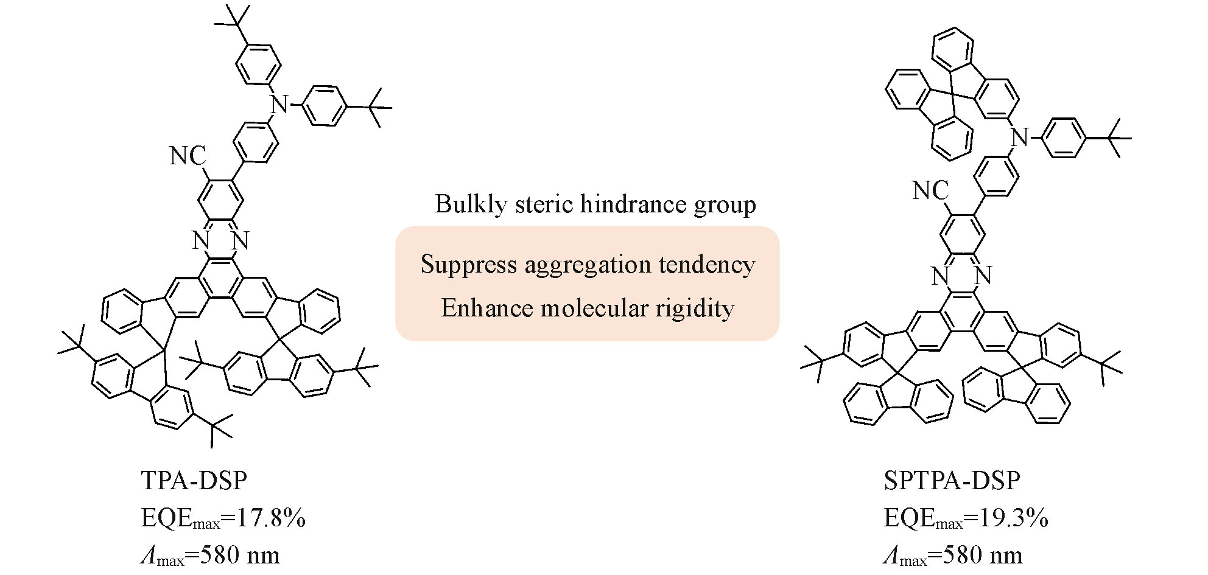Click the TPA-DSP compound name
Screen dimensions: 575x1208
point(194,481)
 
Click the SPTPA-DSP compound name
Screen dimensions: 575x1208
point(952,481)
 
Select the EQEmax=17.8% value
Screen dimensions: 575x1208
point(223,518)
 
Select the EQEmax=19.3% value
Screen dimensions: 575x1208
point(966,518)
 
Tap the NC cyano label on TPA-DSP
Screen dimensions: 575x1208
point(188,156)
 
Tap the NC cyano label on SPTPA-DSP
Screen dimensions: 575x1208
point(930,191)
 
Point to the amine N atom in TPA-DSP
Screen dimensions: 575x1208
point(279,104)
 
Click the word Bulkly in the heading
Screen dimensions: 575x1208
point(470,204)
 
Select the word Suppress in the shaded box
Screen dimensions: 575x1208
point(468,265)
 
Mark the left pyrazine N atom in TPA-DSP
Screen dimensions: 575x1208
point(202,241)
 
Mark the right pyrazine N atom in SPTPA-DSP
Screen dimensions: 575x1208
point(983,276)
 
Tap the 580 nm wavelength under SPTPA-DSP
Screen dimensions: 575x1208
point(982,556)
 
